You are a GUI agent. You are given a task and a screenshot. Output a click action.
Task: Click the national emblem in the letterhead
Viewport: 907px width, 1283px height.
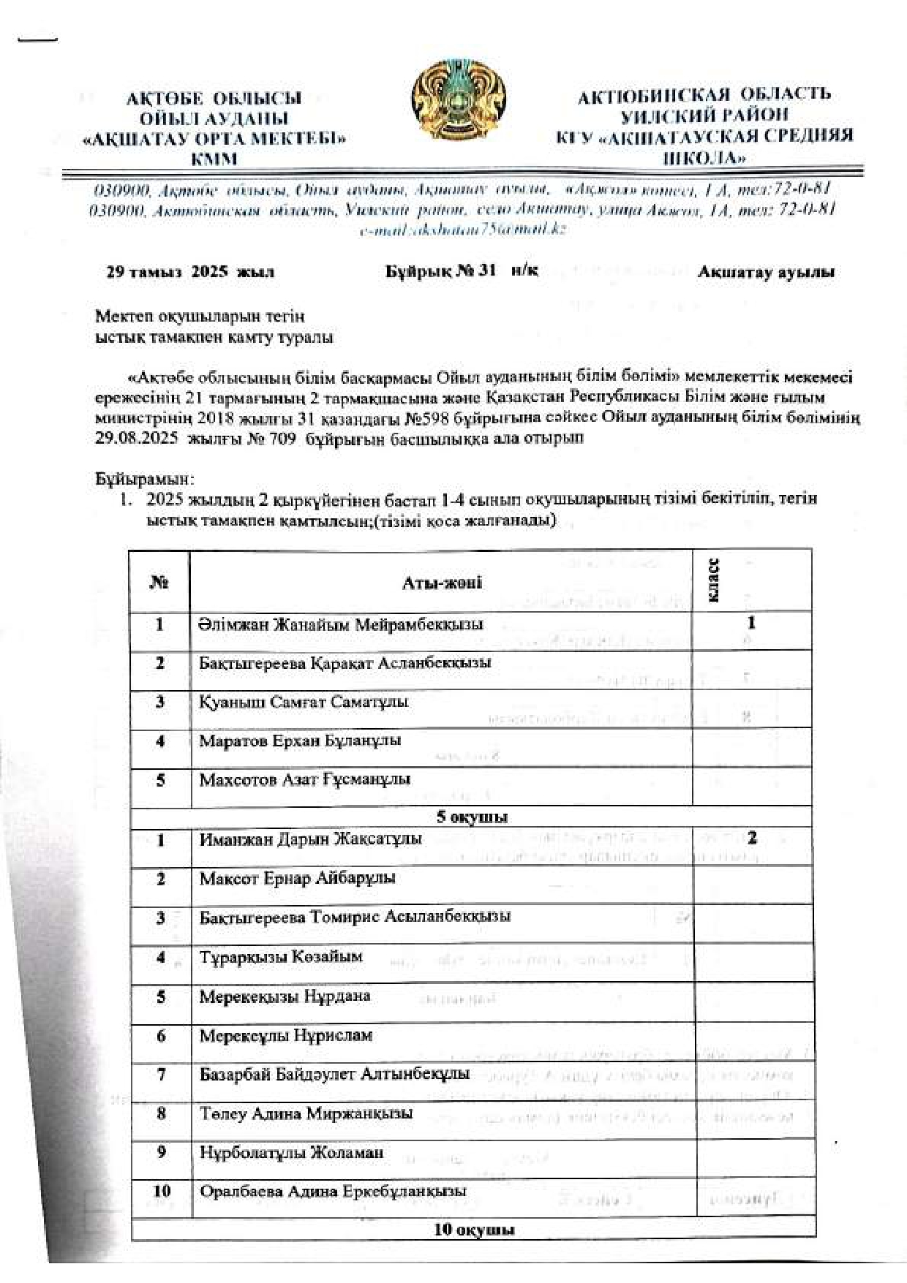[459, 101]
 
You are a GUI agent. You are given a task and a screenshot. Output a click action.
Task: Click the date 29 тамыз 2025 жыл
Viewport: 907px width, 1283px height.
[190, 273]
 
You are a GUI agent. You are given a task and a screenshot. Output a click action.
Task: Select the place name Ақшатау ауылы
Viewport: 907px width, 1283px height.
[766, 273]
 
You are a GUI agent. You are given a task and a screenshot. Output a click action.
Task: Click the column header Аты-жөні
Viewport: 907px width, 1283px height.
[442, 583]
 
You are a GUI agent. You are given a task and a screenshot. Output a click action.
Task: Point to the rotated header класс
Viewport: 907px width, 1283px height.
[714, 581]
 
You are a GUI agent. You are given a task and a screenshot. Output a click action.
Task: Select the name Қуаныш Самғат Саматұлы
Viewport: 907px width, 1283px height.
[304, 703]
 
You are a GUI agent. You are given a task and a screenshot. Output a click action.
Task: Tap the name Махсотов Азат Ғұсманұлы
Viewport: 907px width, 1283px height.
[304, 780]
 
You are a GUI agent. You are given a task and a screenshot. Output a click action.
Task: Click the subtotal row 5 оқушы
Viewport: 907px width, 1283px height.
[472, 817]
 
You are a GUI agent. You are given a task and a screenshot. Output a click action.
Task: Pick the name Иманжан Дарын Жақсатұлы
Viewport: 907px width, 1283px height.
[310, 839]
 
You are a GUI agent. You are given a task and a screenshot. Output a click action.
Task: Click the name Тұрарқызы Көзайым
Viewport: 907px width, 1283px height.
[281, 957]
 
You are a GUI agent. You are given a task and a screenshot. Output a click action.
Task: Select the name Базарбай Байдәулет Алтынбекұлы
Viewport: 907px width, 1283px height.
[334, 1075]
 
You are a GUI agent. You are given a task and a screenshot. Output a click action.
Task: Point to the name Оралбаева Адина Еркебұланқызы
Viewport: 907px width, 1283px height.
[333, 1192]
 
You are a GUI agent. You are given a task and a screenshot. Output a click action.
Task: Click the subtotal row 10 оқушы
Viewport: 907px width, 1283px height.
[474, 1230]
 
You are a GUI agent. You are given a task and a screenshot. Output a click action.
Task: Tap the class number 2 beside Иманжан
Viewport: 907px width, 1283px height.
[752, 838]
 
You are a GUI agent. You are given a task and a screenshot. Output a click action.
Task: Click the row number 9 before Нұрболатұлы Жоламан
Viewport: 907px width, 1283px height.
[162, 1152]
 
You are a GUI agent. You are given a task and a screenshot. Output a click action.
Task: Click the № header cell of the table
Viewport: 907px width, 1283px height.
[159, 583]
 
